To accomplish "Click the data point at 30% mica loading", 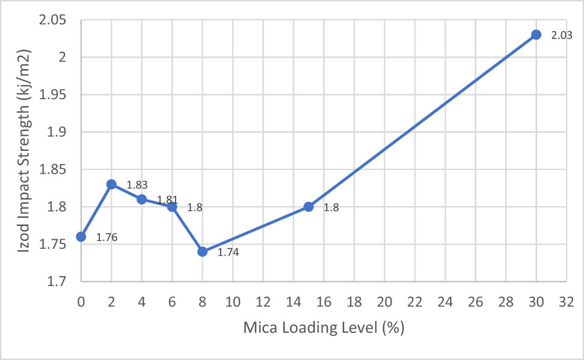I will click(x=536, y=35).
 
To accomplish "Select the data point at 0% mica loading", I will click(x=81, y=237).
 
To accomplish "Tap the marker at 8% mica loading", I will click(x=202, y=252).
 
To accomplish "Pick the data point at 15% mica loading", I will click(x=309, y=207).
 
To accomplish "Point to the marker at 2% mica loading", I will click(x=111, y=184).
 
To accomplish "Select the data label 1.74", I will click(x=229, y=252).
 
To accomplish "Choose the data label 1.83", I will click(x=137, y=185).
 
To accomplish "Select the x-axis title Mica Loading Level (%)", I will click(x=323, y=328).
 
